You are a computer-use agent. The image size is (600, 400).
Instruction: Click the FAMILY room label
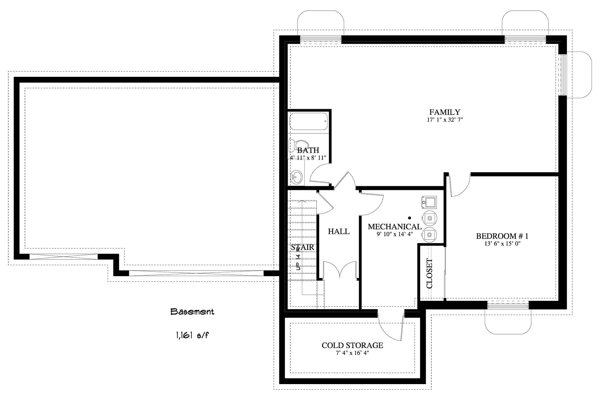click(x=445, y=112)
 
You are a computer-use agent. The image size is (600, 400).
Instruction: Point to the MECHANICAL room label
click(x=394, y=227)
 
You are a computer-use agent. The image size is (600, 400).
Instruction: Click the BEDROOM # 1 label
click(x=502, y=236)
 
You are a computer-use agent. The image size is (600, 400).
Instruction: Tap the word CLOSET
click(x=430, y=273)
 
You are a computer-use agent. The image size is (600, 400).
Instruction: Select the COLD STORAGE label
click(x=352, y=345)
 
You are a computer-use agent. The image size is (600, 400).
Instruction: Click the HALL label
click(x=339, y=231)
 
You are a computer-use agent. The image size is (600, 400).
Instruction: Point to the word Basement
click(x=192, y=312)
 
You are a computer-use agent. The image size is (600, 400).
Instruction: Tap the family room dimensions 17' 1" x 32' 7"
click(x=445, y=120)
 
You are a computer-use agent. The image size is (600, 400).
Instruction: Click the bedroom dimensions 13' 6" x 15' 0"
click(x=502, y=244)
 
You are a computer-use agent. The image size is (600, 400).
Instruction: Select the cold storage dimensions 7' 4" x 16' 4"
click(x=352, y=353)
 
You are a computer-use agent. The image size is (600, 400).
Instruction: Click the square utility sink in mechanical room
click(x=429, y=202)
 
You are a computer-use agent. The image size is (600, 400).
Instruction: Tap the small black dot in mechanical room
click(x=409, y=218)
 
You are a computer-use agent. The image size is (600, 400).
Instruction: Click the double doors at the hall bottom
click(x=340, y=270)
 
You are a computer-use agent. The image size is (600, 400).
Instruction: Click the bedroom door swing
click(x=459, y=186)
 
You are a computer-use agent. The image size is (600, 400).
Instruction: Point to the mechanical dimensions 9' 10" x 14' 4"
click(x=395, y=234)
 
